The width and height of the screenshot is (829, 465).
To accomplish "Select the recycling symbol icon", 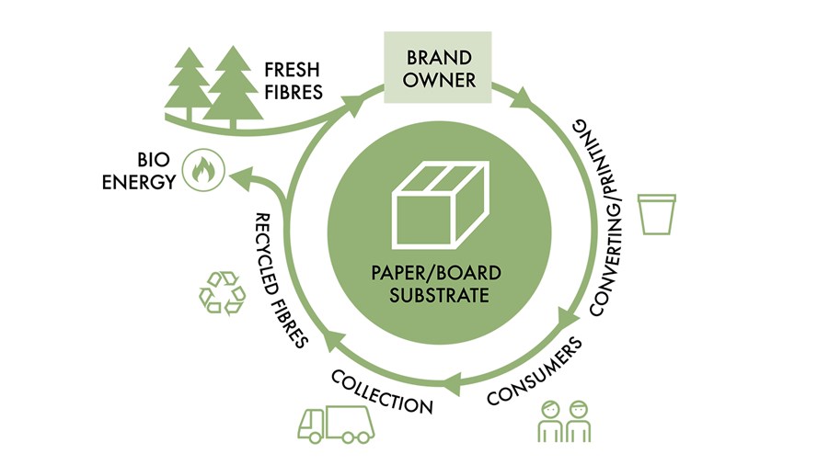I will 223,292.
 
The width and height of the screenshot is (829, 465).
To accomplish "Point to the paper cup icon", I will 657,213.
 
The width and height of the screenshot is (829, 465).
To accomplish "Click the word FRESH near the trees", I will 294,71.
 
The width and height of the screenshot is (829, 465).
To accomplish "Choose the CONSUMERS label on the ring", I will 535,372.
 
